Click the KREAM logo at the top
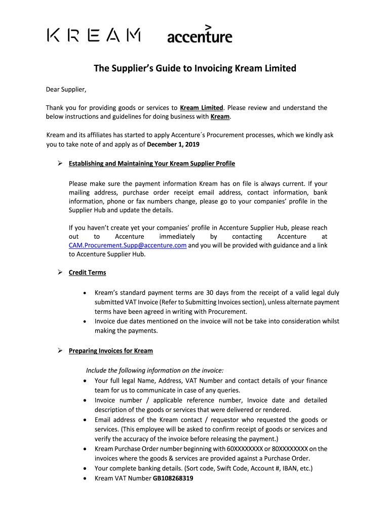click(x=94, y=35)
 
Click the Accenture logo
click(x=200, y=34)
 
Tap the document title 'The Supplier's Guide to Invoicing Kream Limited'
click(x=195, y=68)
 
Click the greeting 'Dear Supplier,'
click(x=66, y=90)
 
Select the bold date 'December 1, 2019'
click(x=173, y=144)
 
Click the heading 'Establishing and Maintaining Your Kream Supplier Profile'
click(x=152, y=164)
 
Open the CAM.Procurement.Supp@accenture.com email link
click(x=128, y=245)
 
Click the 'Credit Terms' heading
click(x=88, y=272)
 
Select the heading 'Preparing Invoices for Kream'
click(x=111, y=351)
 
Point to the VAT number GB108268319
click(x=173, y=478)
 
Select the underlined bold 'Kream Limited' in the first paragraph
click(x=202, y=107)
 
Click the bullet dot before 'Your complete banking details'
click(x=84, y=469)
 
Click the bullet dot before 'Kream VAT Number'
click(x=84, y=478)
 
